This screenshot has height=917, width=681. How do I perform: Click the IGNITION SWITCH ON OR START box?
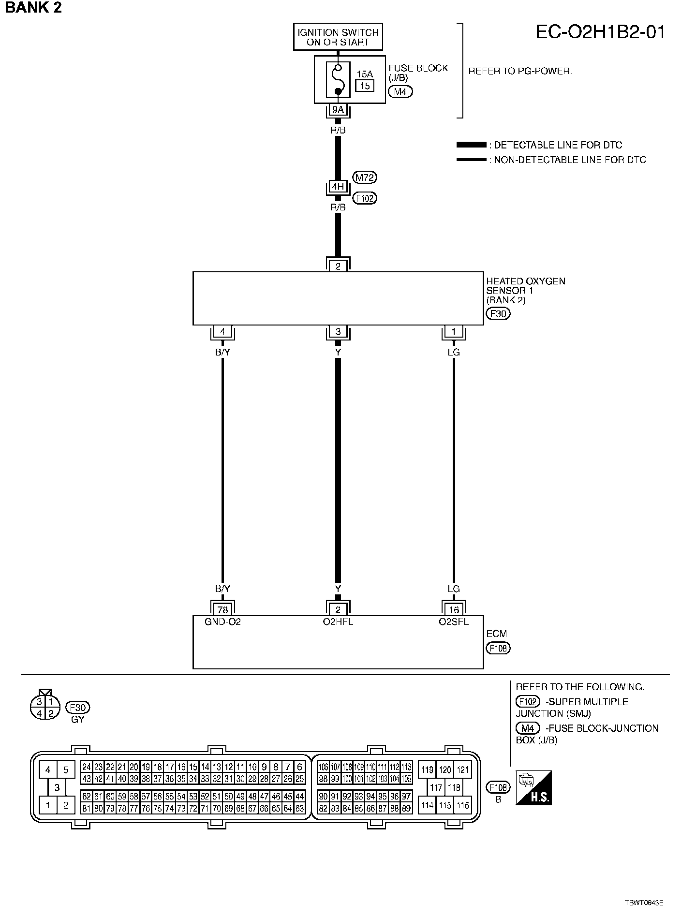tap(338, 37)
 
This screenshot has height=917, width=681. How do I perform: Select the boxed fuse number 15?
tap(365, 86)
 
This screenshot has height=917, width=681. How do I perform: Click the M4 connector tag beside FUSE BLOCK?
tap(400, 91)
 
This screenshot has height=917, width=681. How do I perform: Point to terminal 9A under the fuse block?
tap(338, 110)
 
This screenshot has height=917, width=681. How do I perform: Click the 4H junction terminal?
tap(338, 187)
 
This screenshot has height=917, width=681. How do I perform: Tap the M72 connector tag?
tap(365, 177)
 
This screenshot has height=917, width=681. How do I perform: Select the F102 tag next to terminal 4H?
tap(365, 198)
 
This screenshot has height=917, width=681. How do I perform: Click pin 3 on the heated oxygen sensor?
tap(338, 332)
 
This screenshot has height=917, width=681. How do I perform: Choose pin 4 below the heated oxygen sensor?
tap(222, 332)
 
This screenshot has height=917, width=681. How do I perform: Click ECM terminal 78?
tap(222, 610)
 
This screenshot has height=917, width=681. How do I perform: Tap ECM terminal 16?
tap(454, 610)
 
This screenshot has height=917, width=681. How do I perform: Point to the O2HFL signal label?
tap(338, 622)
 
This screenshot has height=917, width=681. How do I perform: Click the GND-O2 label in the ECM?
tap(222, 622)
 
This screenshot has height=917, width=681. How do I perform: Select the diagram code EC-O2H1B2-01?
tap(600, 32)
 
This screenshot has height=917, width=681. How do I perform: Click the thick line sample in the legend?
tap(471, 145)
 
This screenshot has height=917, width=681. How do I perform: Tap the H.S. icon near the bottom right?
tap(533, 788)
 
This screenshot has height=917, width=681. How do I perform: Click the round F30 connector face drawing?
tap(44, 707)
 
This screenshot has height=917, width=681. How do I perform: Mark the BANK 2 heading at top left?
tap(33, 8)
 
